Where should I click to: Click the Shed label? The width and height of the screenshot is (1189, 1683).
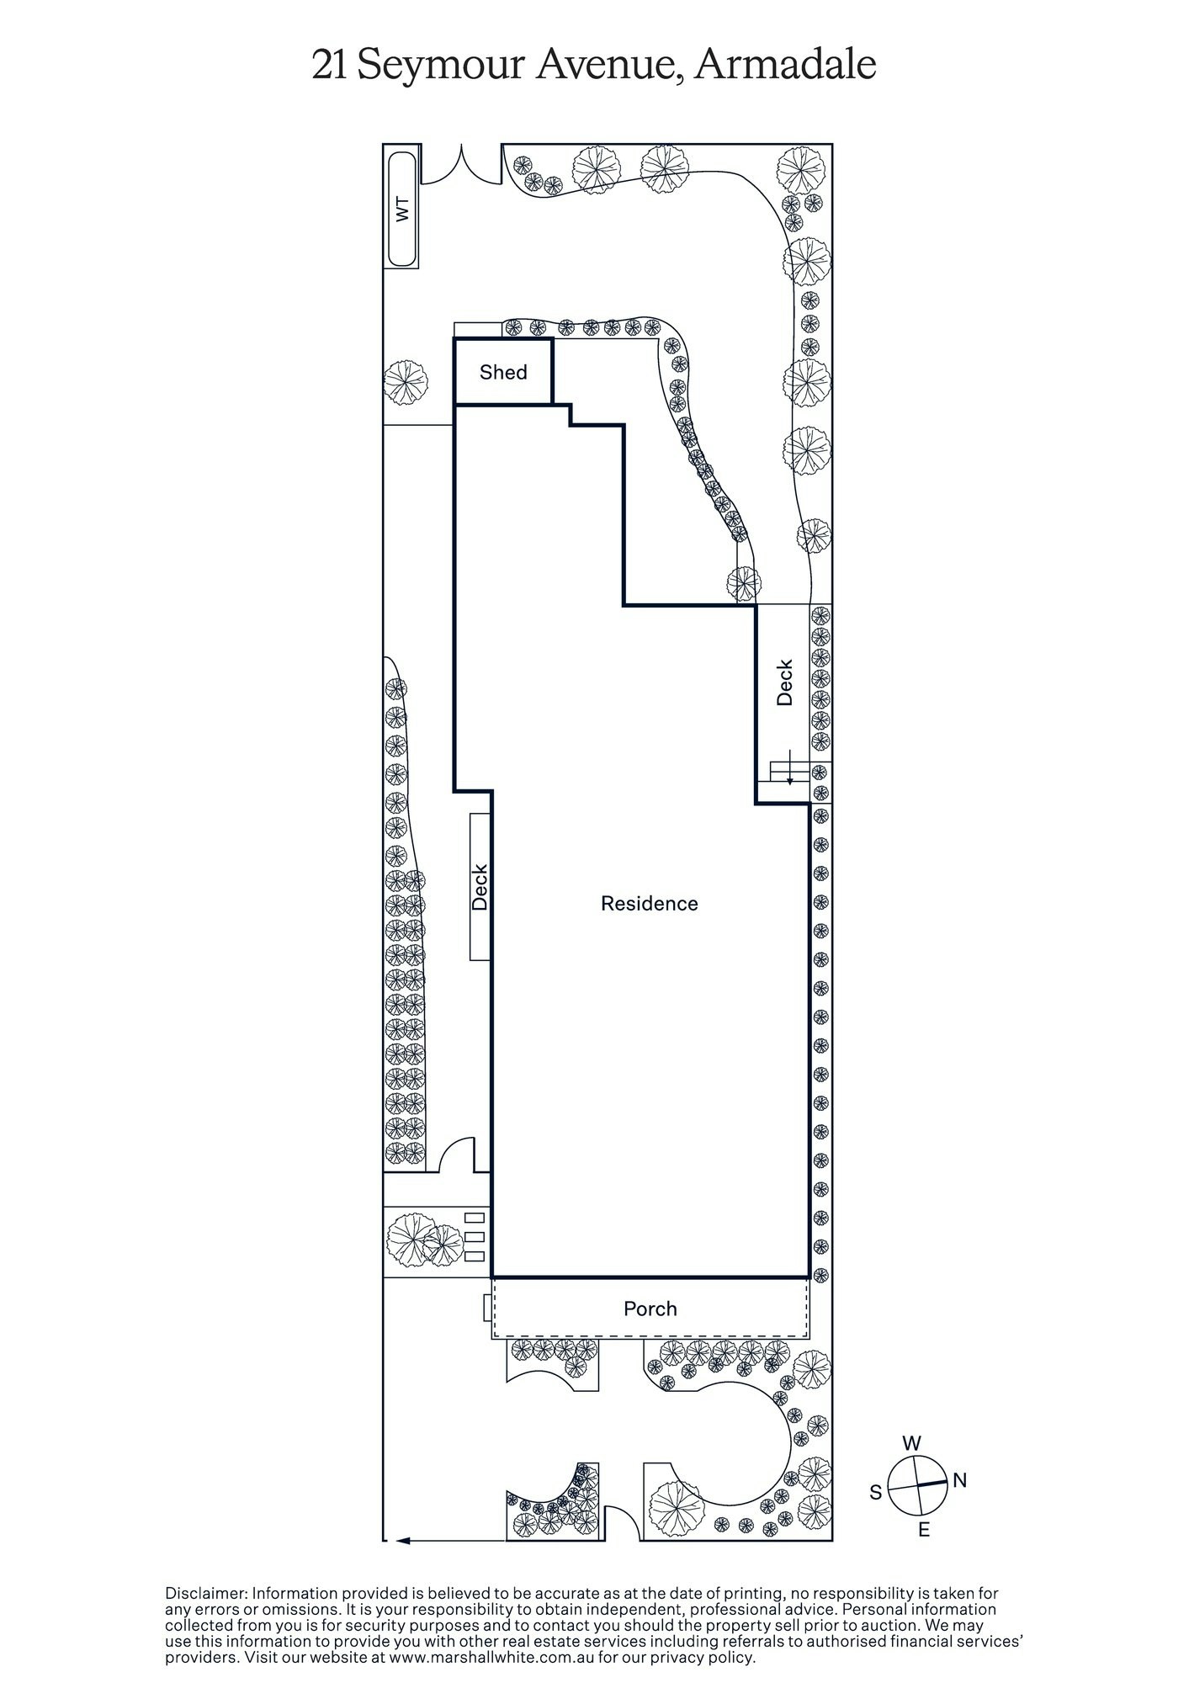coord(503,373)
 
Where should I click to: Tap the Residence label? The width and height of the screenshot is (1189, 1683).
coord(649,904)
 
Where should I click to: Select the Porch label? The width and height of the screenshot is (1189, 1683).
coord(650,1309)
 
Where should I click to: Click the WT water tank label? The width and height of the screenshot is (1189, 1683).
coord(402,210)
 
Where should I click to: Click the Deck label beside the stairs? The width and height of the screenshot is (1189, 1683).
coord(784,682)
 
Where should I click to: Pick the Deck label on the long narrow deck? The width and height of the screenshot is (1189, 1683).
coord(480,887)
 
